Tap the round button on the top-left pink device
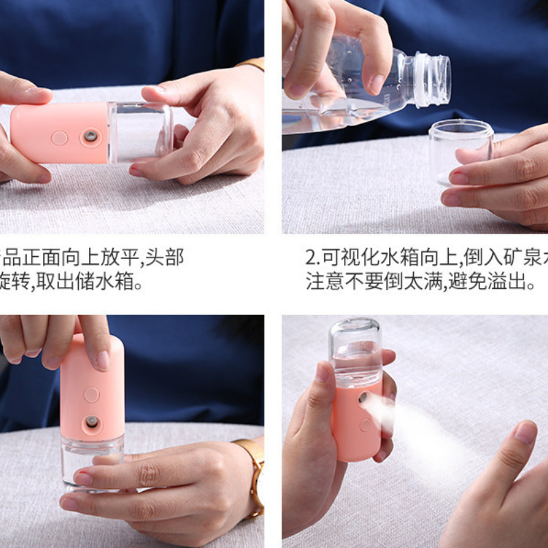click(x=60, y=138)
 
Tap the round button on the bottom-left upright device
click(x=91, y=395)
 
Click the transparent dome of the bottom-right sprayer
click(x=354, y=349)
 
